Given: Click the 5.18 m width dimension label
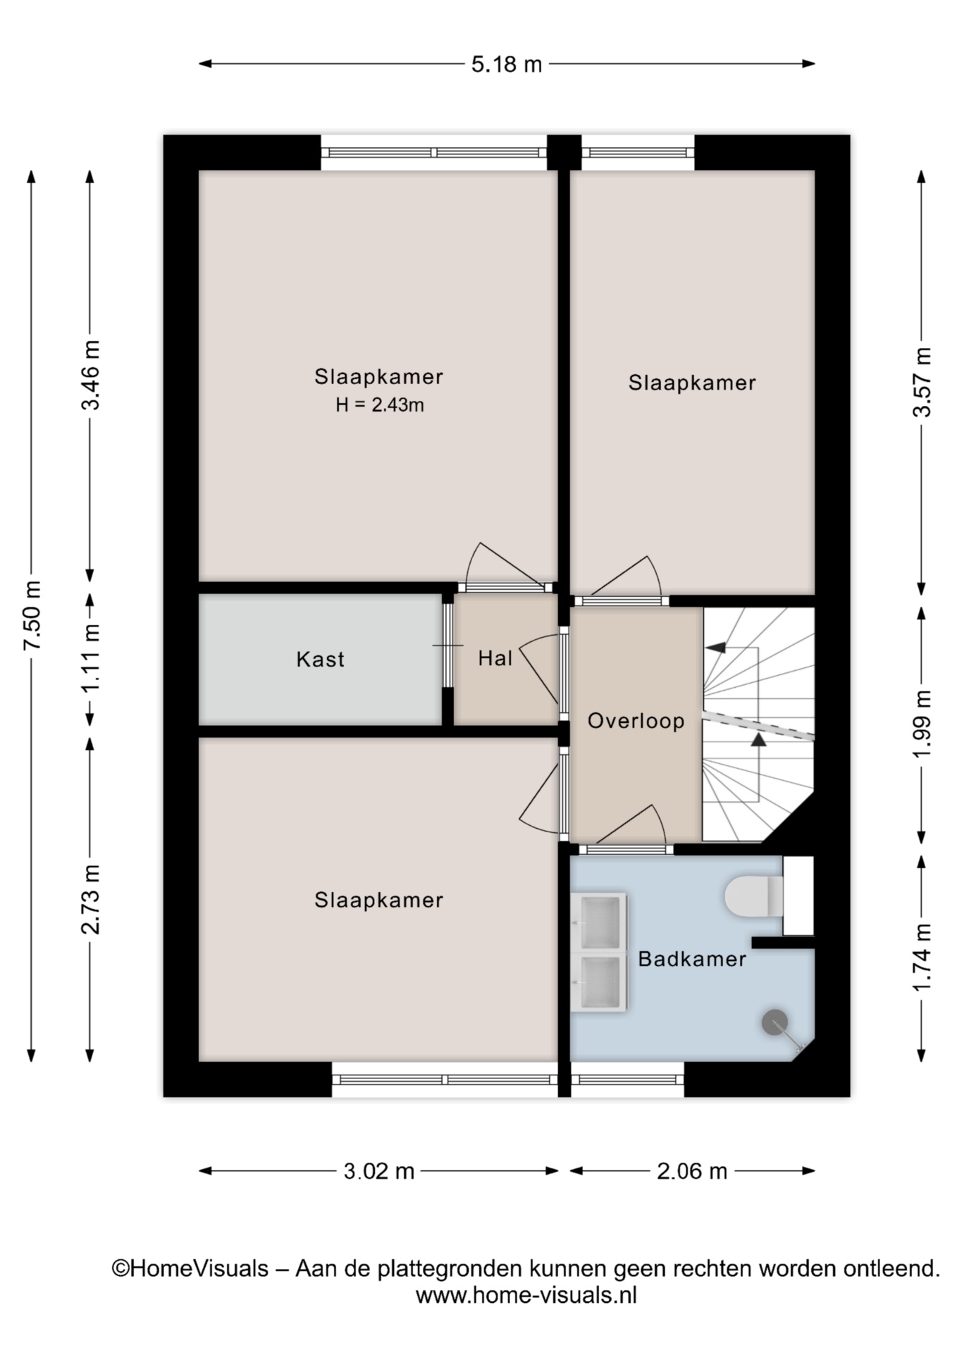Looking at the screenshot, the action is (x=506, y=64).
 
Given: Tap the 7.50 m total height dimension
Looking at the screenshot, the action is (x=32, y=615).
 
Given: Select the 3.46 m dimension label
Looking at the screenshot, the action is (x=91, y=375).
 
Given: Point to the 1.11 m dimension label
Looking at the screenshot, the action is (x=91, y=658).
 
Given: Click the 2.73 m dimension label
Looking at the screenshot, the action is (x=91, y=899).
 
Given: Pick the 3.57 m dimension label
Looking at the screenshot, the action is (x=922, y=382).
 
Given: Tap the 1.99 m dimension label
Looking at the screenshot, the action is (x=922, y=724).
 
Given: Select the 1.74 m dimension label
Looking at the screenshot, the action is (x=922, y=957).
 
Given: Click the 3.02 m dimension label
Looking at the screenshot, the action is (x=378, y=1171).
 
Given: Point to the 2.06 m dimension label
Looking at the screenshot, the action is (x=692, y=1171).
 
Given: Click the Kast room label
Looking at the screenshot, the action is (x=321, y=660).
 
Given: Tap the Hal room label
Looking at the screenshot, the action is (x=495, y=659).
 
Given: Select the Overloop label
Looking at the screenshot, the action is (x=636, y=722).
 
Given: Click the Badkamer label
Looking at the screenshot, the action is (x=692, y=959).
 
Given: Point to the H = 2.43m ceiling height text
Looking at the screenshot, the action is (x=380, y=405).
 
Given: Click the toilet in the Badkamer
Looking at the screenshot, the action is (x=754, y=896).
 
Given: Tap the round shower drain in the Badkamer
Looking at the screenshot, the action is (x=774, y=1023).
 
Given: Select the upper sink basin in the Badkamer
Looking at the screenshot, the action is (x=599, y=922).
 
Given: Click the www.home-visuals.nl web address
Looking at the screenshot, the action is (x=526, y=1295).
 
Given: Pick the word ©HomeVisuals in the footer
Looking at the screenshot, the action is (x=190, y=1268).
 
